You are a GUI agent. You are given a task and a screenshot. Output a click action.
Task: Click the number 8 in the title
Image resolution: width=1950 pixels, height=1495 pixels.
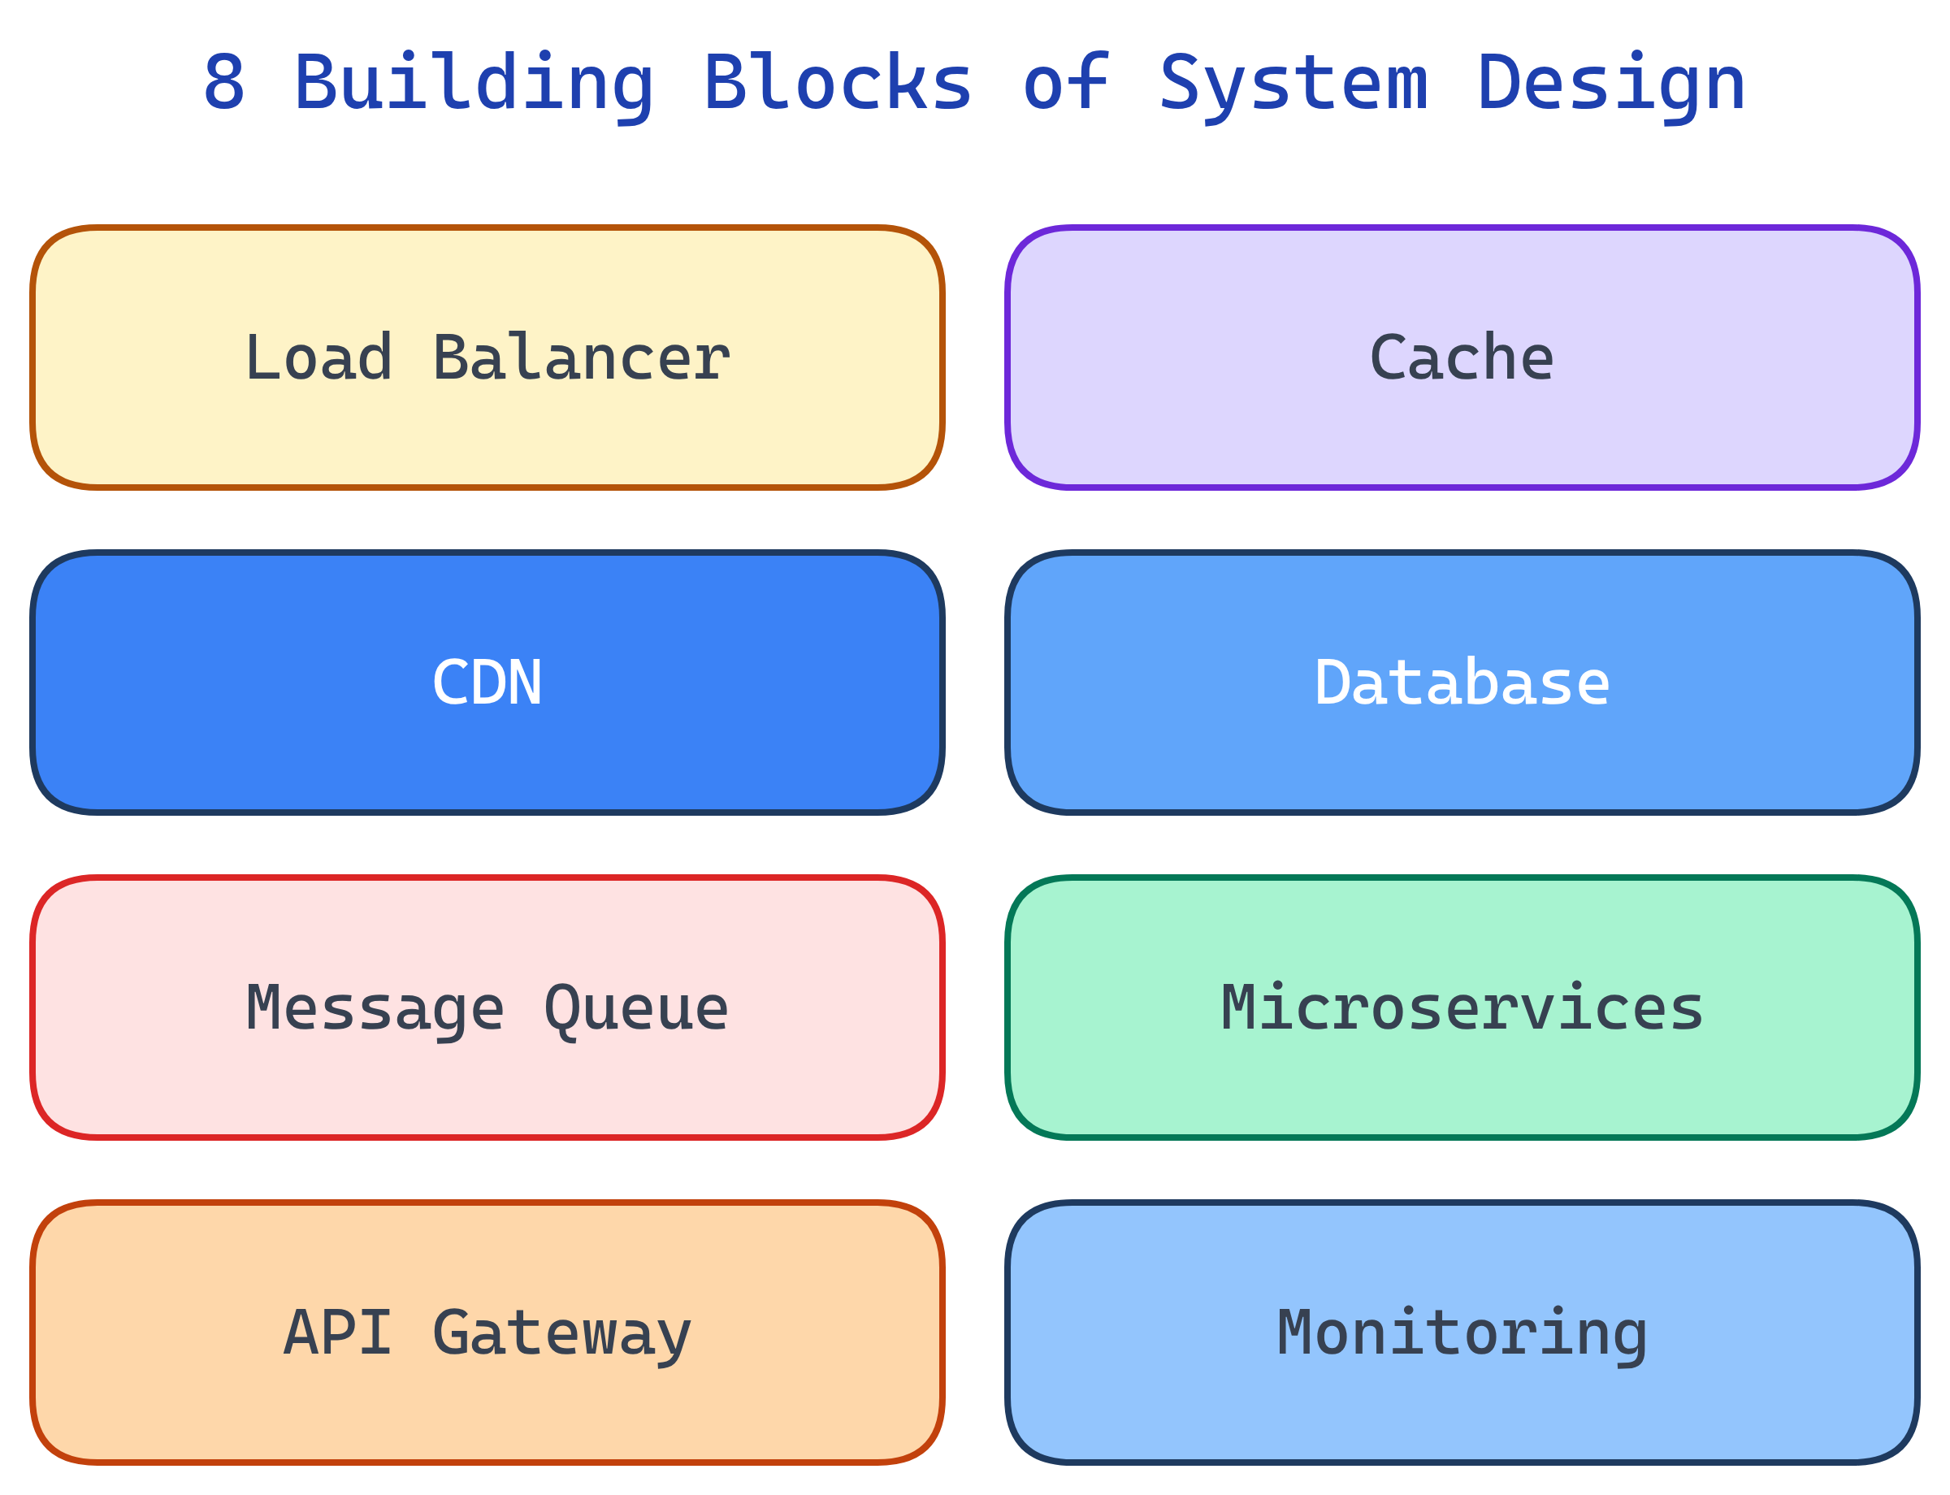point(223,83)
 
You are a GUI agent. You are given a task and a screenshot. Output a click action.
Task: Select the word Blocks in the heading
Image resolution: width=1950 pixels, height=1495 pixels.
point(838,83)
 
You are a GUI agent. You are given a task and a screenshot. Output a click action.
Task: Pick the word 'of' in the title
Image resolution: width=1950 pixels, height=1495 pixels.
point(1065,83)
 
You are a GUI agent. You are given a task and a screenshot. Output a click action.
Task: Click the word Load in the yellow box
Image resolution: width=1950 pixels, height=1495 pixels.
point(318,358)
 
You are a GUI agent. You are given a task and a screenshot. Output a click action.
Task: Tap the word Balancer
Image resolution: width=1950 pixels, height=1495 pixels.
point(581,358)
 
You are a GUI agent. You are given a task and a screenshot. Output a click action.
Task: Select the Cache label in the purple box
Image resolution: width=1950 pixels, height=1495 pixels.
point(1462,358)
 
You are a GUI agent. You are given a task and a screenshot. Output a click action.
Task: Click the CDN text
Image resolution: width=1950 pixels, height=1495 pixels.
point(487,683)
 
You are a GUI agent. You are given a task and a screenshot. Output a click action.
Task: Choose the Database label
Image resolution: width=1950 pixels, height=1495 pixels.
point(1462,683)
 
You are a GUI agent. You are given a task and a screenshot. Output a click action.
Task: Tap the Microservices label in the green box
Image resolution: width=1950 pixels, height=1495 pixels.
point(1462,1008)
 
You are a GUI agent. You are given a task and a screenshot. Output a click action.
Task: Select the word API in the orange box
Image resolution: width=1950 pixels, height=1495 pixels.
point(337,1333)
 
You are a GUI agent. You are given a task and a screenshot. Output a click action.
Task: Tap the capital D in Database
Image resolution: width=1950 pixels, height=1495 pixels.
point(1332,683)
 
